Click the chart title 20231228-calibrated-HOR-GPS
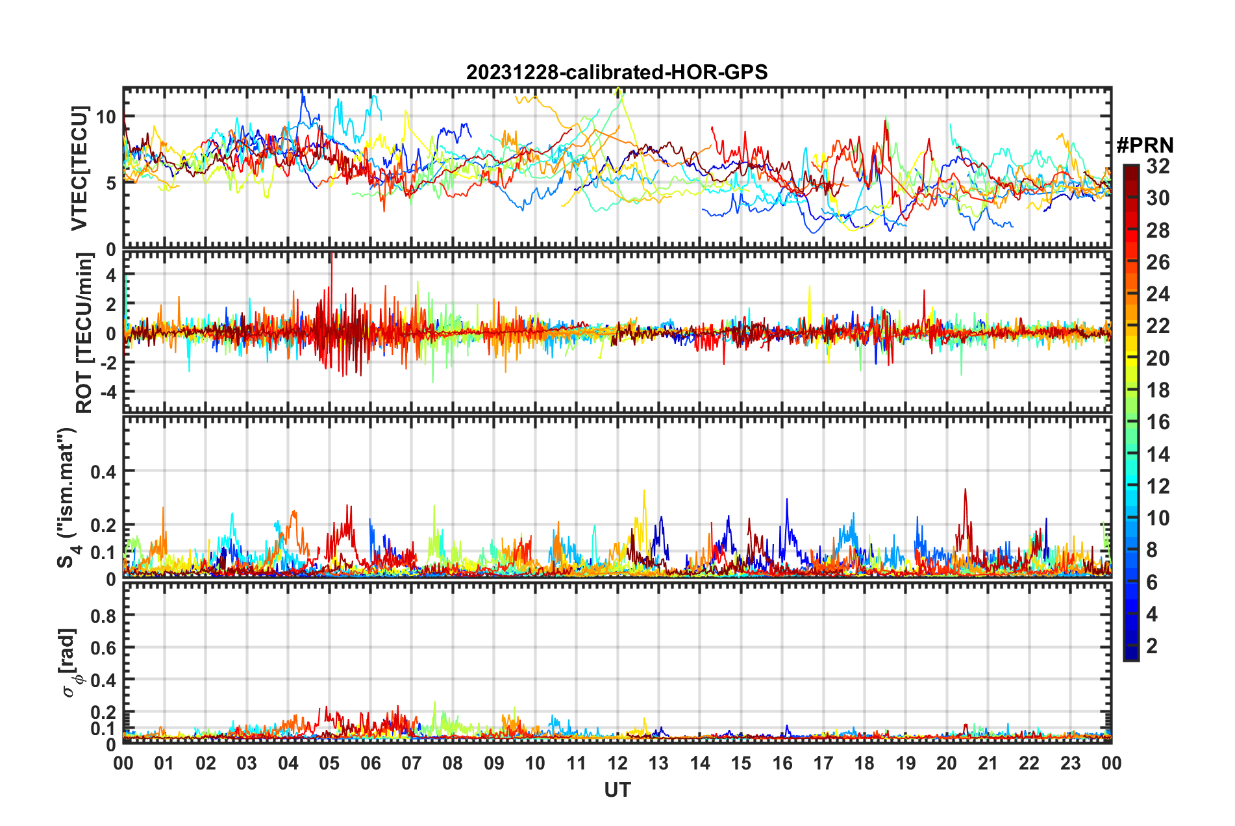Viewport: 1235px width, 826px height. click(x=617, y=72)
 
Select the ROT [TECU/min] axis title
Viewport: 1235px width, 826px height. click(x=84, y=333)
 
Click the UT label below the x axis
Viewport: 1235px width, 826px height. click(x=617, y=790)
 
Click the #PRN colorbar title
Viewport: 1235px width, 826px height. click(x=1145, y=145)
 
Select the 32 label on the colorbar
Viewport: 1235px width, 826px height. click(x=1158, y=166)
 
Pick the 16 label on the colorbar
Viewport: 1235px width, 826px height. click(x=1158, y=422)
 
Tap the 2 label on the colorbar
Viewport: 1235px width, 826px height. click(x=1152, y=645)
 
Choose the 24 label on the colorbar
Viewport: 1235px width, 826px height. click(x=1158, y=294)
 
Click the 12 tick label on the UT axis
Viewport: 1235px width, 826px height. click(x=617, y=763)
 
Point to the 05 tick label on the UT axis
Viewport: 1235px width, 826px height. click(x=329, y=763)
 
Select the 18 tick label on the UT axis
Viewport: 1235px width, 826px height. click(x=864, y=763)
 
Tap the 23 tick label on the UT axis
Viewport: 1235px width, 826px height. click(x=1070, y=763)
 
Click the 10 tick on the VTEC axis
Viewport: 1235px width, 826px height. click(x=106, y=117)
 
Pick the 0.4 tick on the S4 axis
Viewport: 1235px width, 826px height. click(x=103, y=471)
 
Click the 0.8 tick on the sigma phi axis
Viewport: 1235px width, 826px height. click(x=104, y=616)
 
